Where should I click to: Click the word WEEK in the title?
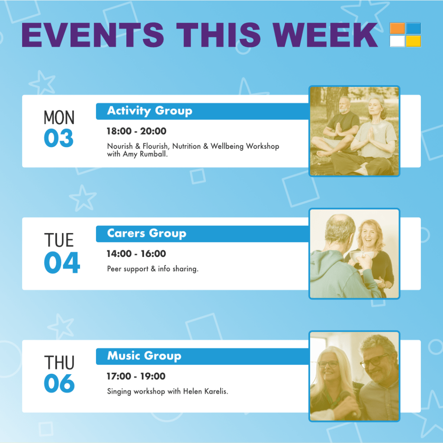325,35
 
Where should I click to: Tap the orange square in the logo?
397,28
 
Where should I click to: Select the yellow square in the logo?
413,41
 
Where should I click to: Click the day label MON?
59,118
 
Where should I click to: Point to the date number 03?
59,138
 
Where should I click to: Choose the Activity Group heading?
150,111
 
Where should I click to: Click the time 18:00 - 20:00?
136,131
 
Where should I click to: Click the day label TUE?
59,240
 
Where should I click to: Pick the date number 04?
62,263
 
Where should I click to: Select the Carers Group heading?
147,233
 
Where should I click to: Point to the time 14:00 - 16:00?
136,254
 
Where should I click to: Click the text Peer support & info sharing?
153,269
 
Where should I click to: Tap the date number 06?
59,383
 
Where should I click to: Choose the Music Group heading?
144,356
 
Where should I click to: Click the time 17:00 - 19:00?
136,376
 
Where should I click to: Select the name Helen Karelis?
205,391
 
